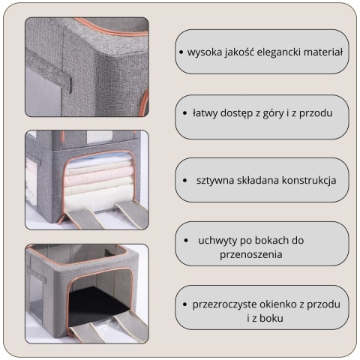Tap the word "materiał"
pos(323,52)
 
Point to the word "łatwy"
pos(205,113)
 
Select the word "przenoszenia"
pos(251,254)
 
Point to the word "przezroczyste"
pos(225,304)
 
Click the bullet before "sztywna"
pos(184,180)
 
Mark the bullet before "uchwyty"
pos(186,240)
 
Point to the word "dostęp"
pos(236,113)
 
